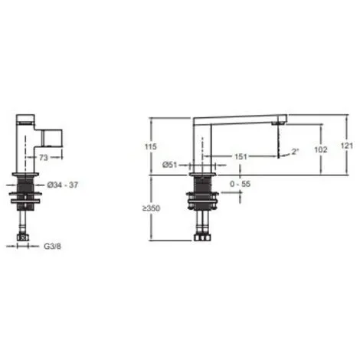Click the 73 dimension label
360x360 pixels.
click(44, 158)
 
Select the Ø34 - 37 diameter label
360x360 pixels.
click(63, 185)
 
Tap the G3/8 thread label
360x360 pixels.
click(53, 247)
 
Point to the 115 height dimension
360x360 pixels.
click(151, 147)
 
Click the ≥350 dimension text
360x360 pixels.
click(151, 208)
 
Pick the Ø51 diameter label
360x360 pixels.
click(169, 165)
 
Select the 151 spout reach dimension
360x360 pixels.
click(241, 156)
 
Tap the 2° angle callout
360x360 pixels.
click(295, 152)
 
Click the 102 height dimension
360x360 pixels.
click(321, 149)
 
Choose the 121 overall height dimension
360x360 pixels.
click(347, 146)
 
